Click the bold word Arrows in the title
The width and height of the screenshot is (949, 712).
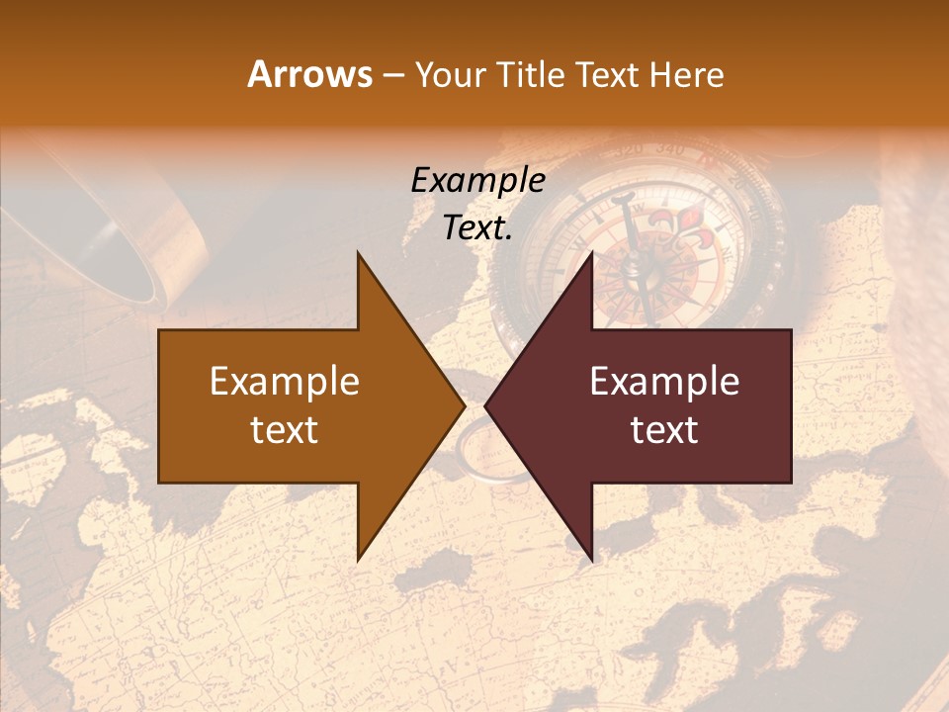click(x=309, y=74)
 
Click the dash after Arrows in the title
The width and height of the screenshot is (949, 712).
click(x=392, y=76)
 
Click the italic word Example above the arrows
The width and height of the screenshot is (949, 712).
click(x=477, y=180)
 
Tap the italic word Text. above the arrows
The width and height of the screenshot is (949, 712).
click(x=477, y=227)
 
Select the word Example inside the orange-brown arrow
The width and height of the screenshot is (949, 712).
click(x=285, y=382)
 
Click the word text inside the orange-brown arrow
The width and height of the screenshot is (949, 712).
click(x=285, y=429)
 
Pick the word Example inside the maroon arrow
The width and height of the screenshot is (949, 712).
click(x=664, y=382)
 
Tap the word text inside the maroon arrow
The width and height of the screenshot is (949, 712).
click(x=664, y=429)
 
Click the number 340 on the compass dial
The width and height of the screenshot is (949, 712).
click(x=668, y=150)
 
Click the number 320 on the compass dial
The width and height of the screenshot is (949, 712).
click(x=628, y=150)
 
